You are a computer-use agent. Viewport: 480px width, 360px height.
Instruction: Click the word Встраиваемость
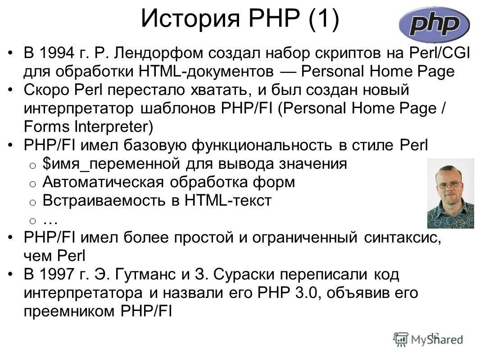[x=104, y=201]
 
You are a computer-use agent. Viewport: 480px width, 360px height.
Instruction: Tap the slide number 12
[x=435, y=335]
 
